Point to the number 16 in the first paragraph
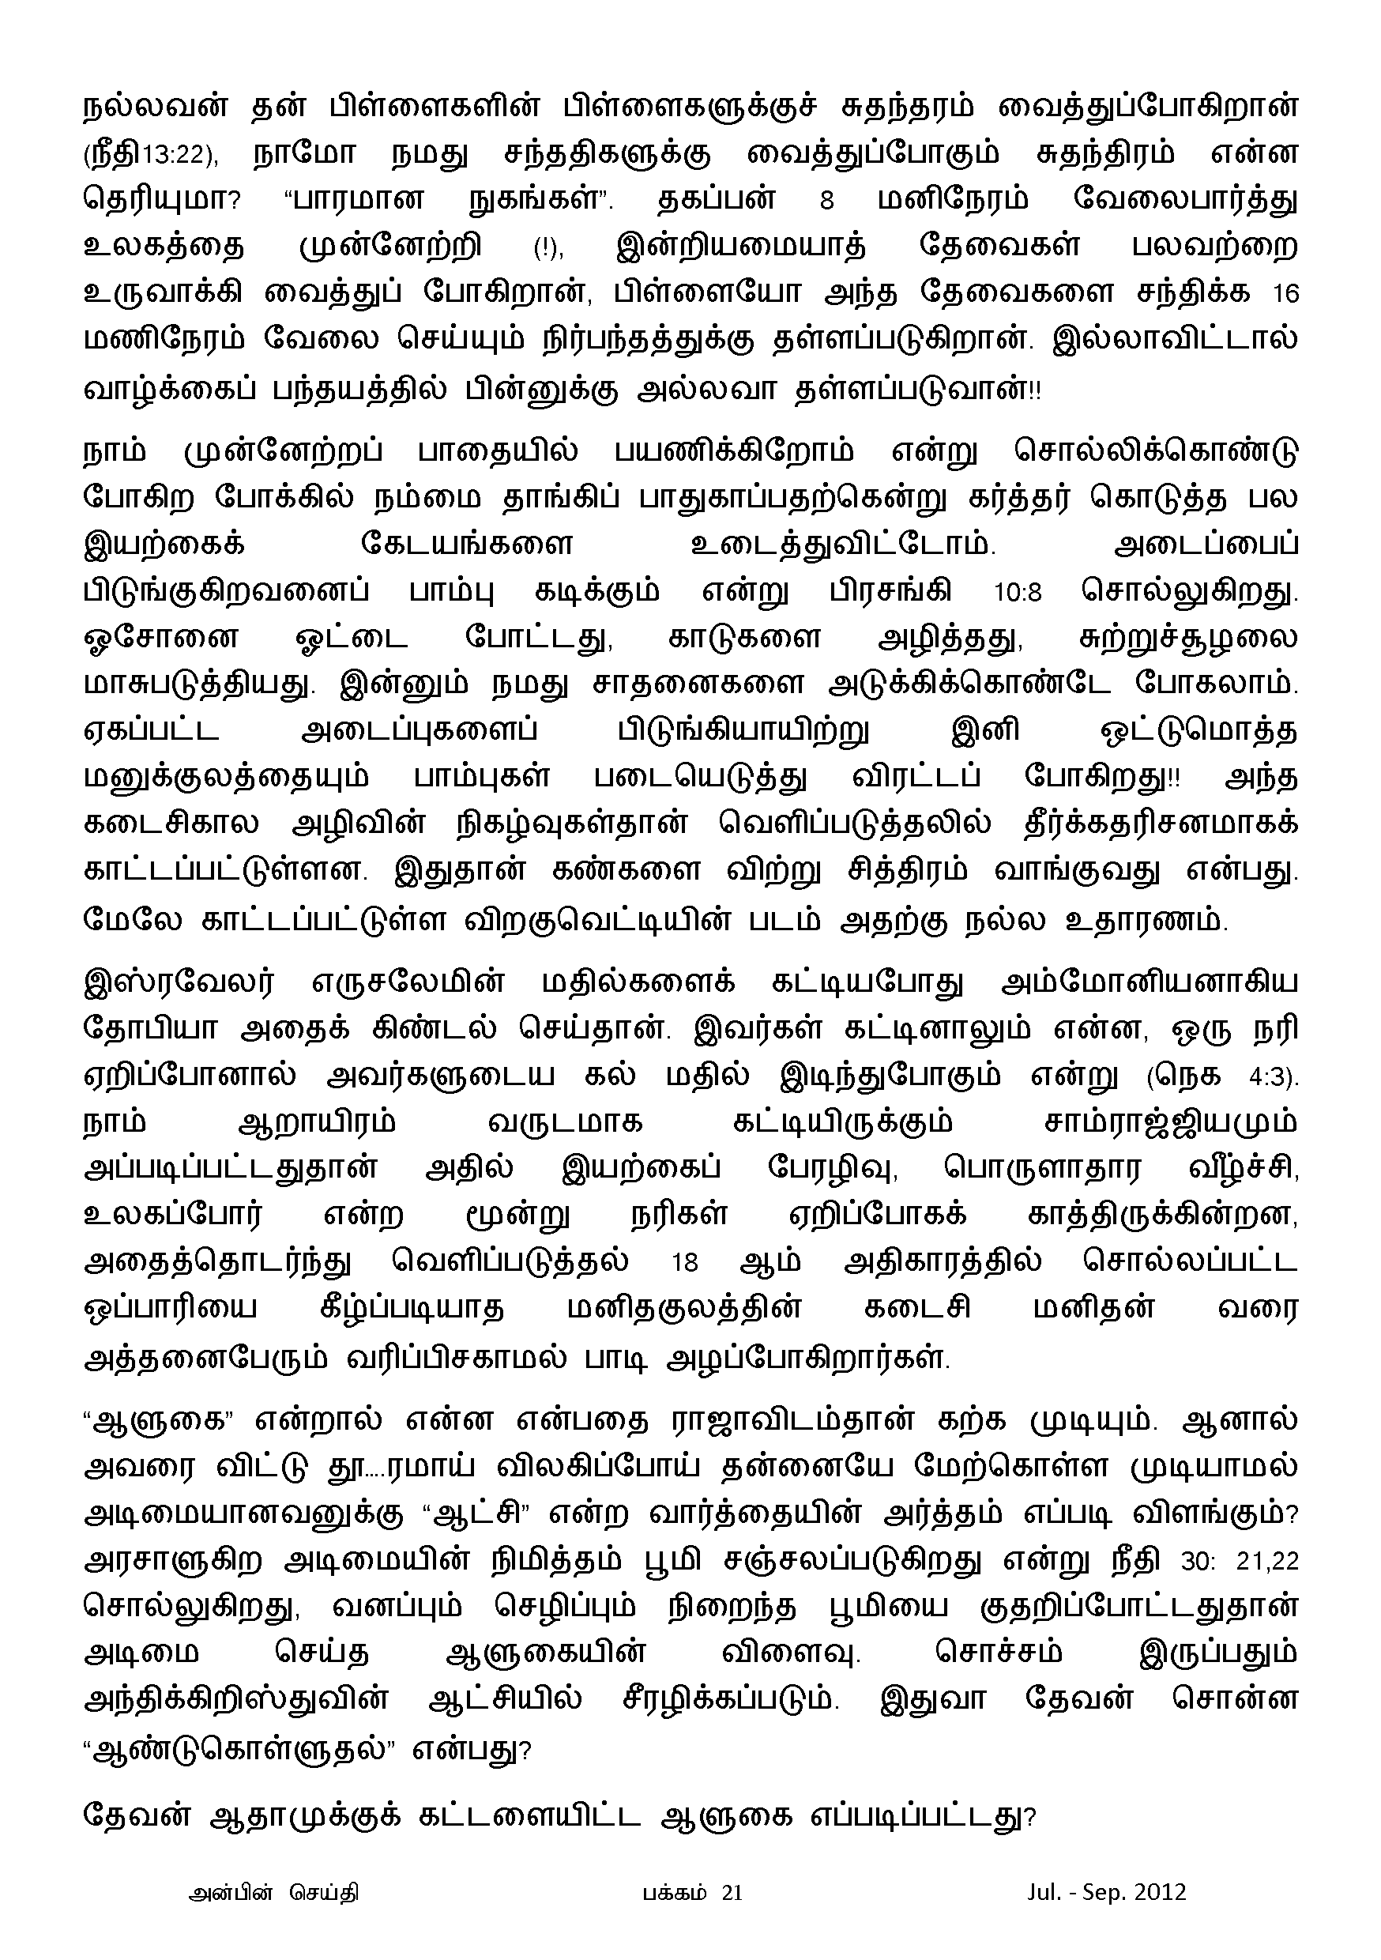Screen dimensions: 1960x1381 click(1285, 294)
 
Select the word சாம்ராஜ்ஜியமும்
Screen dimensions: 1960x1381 click(1170, 1122)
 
